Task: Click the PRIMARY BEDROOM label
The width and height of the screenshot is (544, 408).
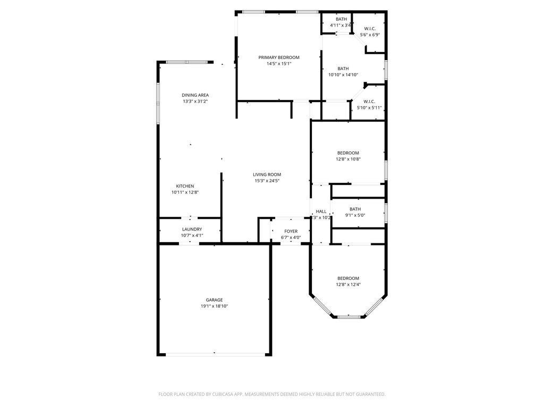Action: click(278, 57)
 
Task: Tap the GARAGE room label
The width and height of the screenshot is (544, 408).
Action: click(214, 300)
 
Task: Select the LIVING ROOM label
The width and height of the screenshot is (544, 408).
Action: click(267, 175)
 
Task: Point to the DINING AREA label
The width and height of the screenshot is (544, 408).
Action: click(195, 96)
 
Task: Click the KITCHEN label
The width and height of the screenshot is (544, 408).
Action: click(185, 186)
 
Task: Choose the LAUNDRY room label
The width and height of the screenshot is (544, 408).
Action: click(192, 229)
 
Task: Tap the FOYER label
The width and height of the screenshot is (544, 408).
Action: click(291, 232)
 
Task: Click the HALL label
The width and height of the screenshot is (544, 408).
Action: click(321, 211)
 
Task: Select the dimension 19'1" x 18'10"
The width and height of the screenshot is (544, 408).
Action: click(214, 307)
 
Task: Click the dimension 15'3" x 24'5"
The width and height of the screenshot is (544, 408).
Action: click(267, 181)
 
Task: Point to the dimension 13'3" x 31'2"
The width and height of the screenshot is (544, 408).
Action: click(195, 101)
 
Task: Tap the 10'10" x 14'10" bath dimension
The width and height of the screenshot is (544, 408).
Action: click(343, 75)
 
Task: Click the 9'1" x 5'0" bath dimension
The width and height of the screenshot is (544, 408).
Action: click(355, 216)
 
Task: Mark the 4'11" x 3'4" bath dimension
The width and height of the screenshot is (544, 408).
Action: click(341, 25)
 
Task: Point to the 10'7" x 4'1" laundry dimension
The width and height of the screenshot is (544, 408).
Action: click(192, 235)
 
